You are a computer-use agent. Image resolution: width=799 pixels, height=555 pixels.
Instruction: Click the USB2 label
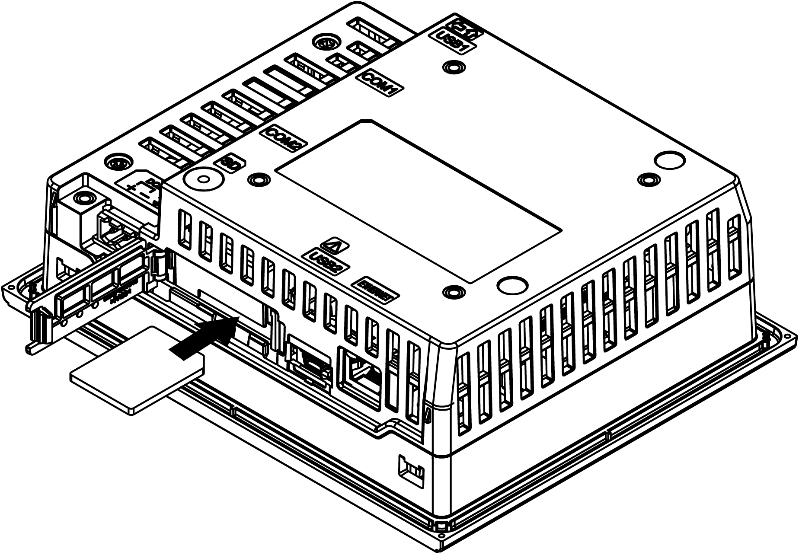coord(327,262)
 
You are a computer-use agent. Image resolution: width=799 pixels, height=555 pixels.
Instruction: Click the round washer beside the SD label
coord(203,178)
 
